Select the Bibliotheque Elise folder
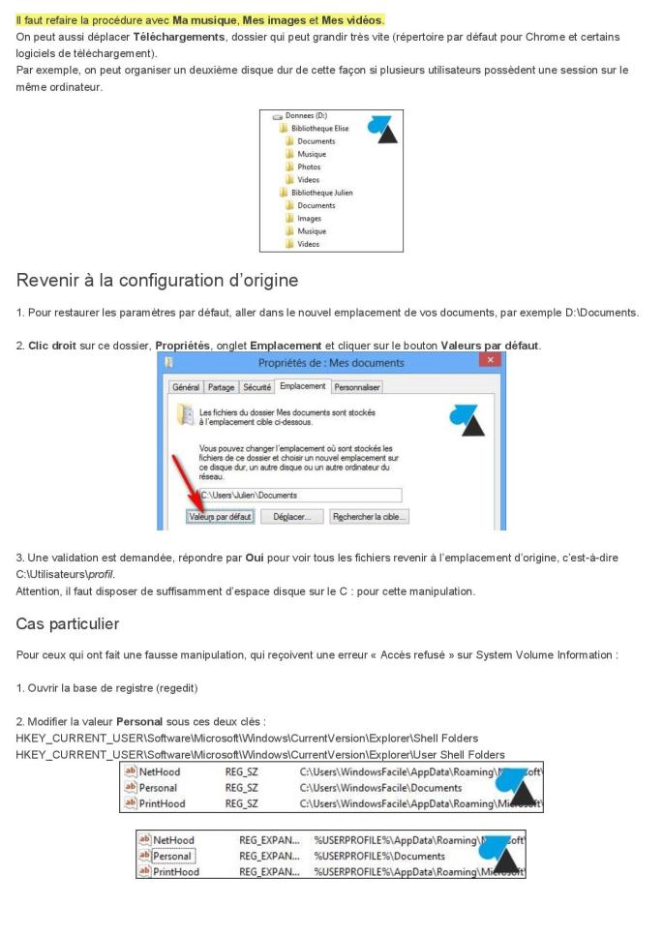click(319, 128)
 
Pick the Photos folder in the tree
click(311, 166)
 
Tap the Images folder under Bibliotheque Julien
click(310, 218)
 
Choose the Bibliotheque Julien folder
click(321, 193)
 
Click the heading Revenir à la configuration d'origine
click(157, 281)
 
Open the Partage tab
click(222, 387)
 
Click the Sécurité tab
click(256, 387)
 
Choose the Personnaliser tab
click(356, 387)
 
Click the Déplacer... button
click(291, 517)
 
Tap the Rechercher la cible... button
click(369, 517)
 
